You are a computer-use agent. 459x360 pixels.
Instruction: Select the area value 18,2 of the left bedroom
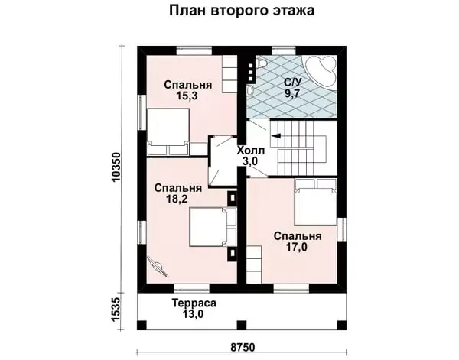[x=177, y=199]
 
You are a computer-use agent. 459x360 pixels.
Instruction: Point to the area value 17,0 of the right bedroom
[x=297, y=248]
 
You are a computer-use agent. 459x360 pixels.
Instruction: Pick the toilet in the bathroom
[x=261, y=62]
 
